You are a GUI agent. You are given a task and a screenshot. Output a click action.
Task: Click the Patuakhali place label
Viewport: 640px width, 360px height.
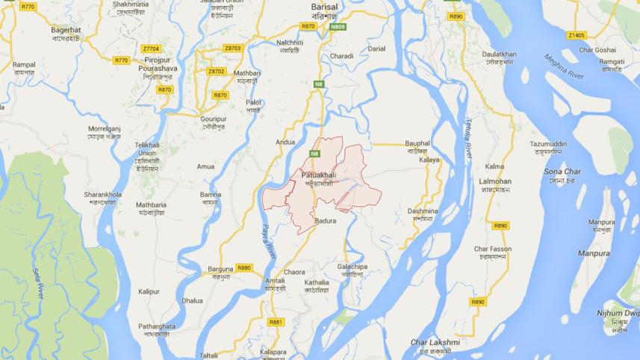318,175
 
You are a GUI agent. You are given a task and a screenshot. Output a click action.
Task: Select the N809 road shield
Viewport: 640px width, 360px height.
338,26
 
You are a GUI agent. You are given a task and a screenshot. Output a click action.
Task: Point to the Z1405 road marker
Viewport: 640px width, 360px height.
577,35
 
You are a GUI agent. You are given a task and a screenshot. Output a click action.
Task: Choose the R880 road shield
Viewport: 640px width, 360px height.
243,267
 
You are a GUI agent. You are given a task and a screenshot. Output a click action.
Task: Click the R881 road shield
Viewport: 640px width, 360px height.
276,322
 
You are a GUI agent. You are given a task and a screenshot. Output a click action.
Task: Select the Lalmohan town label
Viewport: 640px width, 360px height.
494,181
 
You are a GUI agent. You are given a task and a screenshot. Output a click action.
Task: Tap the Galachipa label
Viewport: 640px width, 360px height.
352,266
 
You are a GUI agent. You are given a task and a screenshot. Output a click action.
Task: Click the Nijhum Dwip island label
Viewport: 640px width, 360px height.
618,313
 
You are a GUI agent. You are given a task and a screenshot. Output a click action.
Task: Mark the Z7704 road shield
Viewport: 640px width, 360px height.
151,49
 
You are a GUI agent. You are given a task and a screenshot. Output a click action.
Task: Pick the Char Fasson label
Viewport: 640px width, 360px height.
493,249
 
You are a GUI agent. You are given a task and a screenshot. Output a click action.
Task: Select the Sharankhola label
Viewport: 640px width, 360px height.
103,194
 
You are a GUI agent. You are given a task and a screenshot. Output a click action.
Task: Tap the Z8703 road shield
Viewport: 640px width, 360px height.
233,48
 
